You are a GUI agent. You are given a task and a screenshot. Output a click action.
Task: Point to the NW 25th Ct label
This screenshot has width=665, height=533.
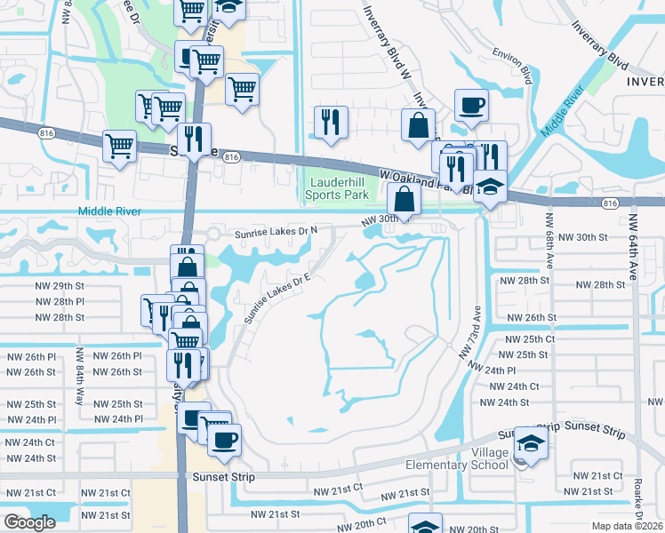pyautogui.click(x=529, y=339)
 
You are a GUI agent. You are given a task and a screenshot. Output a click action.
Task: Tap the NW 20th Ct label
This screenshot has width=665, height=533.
pyautogui.click(x=360, y=523)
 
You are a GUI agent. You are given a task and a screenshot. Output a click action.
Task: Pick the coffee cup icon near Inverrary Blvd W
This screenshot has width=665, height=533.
pyautogui.click(x=471, y=105)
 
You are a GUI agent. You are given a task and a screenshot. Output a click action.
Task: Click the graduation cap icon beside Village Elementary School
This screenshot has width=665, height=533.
pyautogui.click(x=530, y=443)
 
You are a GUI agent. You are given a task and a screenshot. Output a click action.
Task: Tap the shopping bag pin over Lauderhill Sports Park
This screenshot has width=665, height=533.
pyautogui.click(x=405, y=199)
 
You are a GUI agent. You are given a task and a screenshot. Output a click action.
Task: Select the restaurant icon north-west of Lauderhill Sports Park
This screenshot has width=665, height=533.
pyautogui.click(x=332, y=122)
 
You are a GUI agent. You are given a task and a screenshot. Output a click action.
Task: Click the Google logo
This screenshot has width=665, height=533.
pyautogui.click(x=29, y=522)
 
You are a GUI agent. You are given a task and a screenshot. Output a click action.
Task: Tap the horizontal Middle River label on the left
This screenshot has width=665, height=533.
pyautogui.click(x=110, y=211)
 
